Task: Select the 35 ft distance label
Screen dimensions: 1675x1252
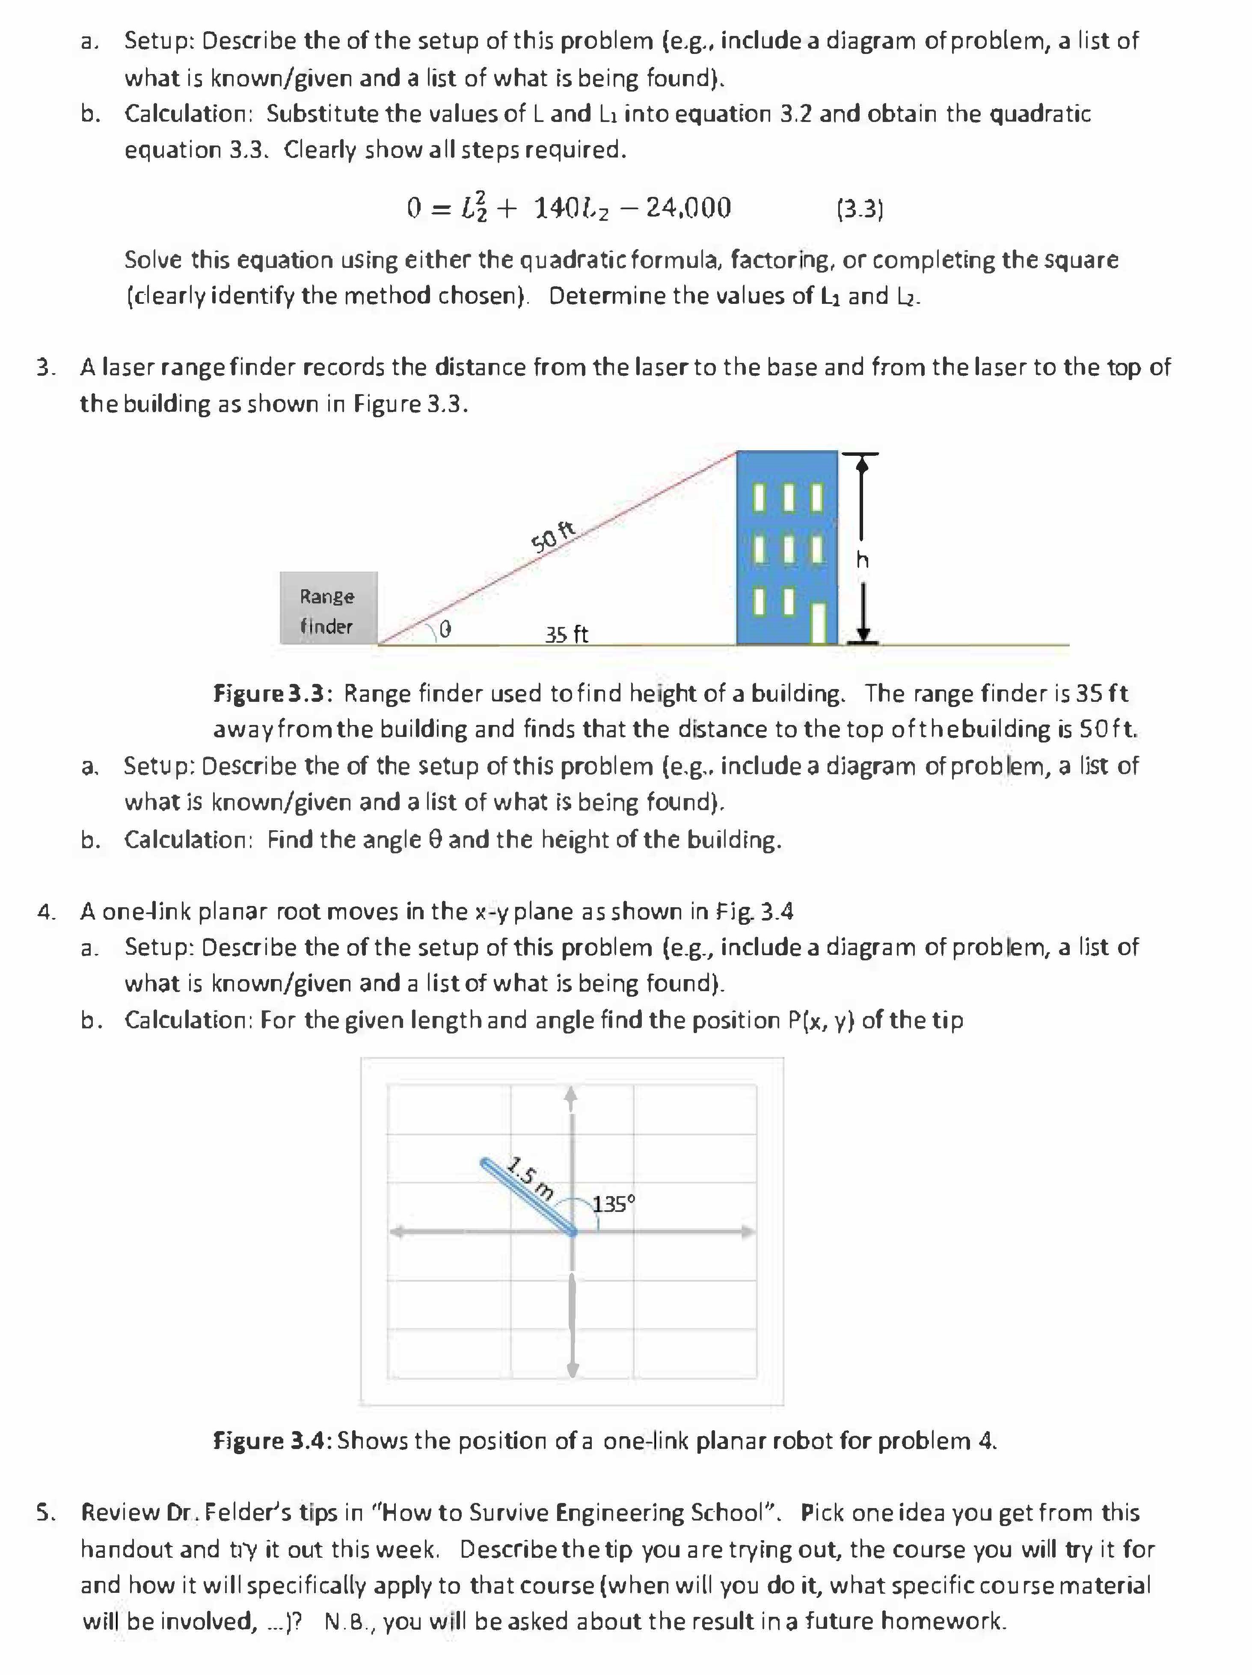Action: coord(566,634)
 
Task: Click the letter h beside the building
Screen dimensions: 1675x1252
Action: coord(862,560)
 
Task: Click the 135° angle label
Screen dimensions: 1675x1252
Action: coord(613,1203)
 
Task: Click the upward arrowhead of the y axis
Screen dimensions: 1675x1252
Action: coord(572,1094)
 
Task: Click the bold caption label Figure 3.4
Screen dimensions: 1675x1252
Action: coord(271,1440)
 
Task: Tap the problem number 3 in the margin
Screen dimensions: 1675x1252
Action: coord(46,367)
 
